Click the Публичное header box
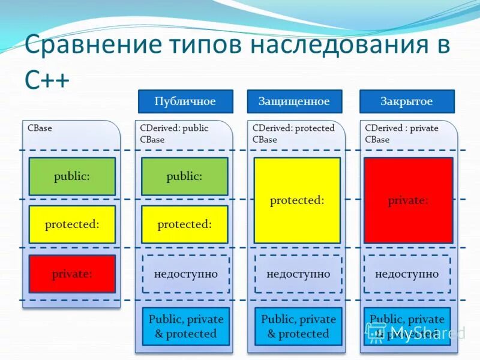185,101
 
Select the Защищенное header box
294,101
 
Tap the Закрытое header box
406,101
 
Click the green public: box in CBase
72,176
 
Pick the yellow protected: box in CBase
72,224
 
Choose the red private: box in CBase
72,274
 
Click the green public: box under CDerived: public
184,176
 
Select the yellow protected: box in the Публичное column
184,224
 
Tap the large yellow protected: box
297,200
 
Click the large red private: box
408,200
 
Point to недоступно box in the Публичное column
185,274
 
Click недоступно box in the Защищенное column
298,274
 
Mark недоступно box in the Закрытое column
407,274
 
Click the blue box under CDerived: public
185,326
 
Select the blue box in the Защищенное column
298,326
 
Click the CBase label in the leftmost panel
40,128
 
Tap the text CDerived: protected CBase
293,133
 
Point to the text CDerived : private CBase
401,133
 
